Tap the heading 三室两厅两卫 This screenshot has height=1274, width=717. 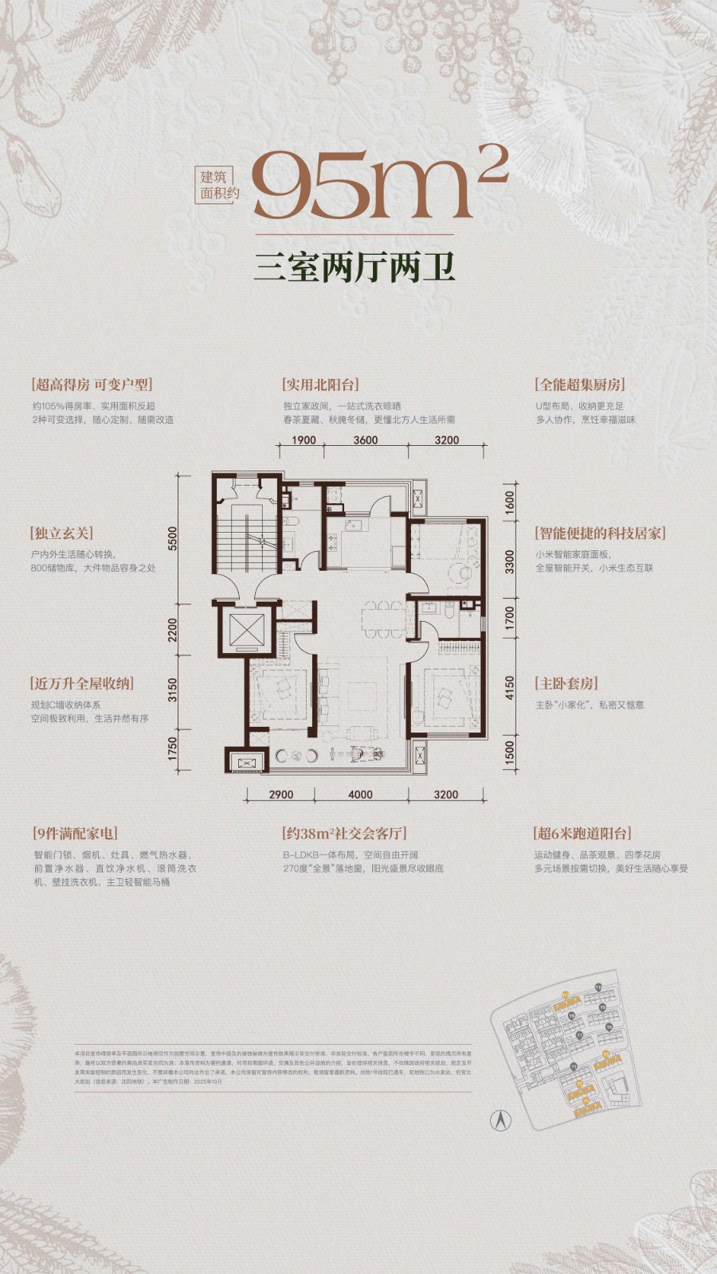(355, 268)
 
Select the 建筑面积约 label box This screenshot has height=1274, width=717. (219, 185)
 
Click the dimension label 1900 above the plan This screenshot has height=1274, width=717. (304, 440)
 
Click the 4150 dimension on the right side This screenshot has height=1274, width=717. (510, 688)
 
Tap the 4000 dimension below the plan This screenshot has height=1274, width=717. (360, 794)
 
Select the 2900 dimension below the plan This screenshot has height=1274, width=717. (280, 794)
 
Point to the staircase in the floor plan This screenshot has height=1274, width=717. (247, 541)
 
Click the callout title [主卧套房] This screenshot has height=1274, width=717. (566, 684)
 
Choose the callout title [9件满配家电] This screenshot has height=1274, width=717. (75, 834)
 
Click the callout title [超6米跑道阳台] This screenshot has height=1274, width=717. (582, 834)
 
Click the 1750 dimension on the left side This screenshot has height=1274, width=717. (173, 749)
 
